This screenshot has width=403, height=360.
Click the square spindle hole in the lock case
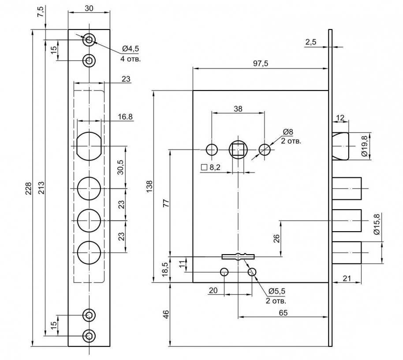pyautogui.click(x=238, y=150)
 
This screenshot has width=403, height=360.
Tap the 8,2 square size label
pyautogui.click(x=213, y=168)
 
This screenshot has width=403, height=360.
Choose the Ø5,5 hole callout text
pyautogui.click(x=277, y=292)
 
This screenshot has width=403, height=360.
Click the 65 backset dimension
pyautogui.click(x=284, y=312)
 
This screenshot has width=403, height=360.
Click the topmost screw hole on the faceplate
pyautogui.click(x=90, y=40)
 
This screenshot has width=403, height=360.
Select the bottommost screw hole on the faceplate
pyautogui.click(x=90, y=335)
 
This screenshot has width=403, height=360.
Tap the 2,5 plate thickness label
pyautogui.click(x=311, y=42)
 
